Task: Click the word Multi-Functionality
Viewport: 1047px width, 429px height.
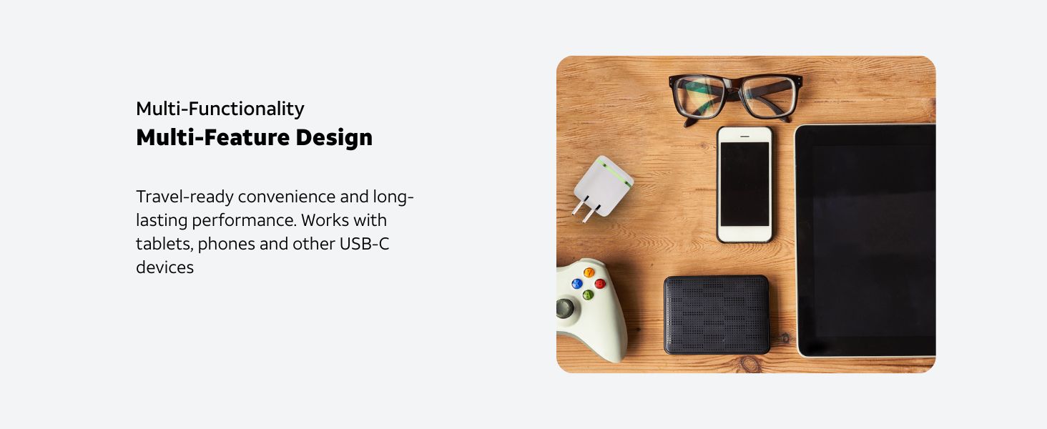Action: pos(220,109)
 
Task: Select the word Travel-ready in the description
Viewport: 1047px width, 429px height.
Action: pos(185,197)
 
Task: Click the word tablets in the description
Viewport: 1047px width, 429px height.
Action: pos(164,244)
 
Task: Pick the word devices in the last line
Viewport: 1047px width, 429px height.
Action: pos(164,267)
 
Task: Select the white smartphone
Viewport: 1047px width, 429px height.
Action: pos(744,184)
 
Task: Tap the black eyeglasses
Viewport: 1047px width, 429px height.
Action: pos(736,96)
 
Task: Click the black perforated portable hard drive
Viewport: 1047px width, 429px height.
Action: pos(717,315)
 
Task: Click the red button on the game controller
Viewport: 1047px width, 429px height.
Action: pos(600,284)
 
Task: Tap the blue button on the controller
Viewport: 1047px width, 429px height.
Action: pos(576,284)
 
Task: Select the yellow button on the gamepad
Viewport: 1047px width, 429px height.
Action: pos(589,272)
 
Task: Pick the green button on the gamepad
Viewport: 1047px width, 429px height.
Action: pos(588,295)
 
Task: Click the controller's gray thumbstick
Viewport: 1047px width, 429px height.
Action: pos(565,309)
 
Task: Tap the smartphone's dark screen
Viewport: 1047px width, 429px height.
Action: pos(744,184)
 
